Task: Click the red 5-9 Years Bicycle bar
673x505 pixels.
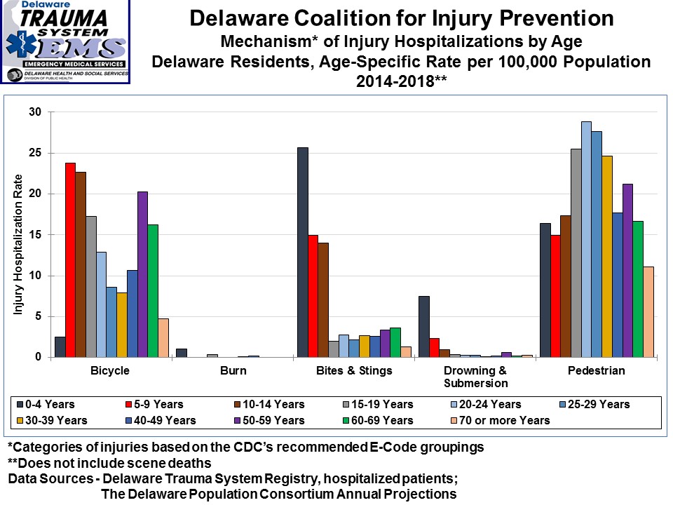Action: (70, 260)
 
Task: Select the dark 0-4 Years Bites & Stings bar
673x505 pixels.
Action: (303, 252)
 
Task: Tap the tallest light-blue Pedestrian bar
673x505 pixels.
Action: (586, 239)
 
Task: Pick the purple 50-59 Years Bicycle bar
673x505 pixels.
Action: (142, 274)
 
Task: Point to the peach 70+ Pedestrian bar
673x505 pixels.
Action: (648, 312)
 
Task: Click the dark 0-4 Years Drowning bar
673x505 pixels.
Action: (424, 327)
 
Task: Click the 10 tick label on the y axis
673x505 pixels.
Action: (35, 276)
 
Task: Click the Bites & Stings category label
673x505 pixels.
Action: (353, 370)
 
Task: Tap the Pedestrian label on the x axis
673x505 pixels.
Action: (597, 370)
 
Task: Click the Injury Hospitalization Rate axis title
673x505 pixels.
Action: (18, 243)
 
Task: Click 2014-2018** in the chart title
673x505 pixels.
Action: (401, 80)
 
